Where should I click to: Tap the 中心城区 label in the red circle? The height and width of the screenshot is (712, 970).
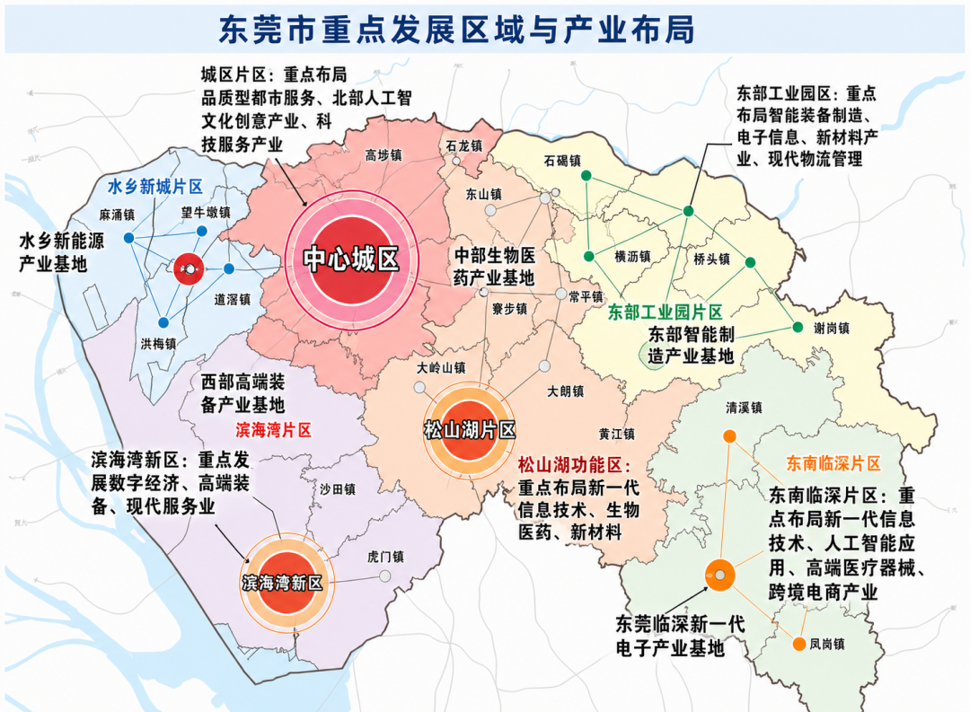point(350,260)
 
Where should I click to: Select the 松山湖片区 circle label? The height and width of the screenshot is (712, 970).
point(470,430)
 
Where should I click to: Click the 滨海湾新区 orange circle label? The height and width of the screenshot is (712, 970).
point(282,583)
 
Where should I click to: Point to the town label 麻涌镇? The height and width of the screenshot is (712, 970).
point(117,215)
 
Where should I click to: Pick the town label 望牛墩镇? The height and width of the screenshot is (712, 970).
point(206,213)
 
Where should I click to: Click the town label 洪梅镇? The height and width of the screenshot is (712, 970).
point(158,343)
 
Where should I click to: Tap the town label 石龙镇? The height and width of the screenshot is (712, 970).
point(463,145)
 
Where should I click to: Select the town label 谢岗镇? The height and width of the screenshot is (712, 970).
point(831,328)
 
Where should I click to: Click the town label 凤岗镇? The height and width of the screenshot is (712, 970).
point(826,644)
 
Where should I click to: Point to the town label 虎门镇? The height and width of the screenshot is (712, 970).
point(385,557)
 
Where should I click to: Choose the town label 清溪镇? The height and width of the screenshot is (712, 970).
point(744,407)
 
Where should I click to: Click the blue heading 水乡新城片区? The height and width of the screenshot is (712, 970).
point(154,186)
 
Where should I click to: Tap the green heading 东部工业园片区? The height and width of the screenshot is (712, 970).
point(666,312)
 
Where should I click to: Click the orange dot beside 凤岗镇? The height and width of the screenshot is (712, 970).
point(798,644)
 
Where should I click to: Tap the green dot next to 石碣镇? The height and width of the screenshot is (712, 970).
point(585,176)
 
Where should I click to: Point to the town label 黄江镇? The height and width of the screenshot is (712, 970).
point(616,434)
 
